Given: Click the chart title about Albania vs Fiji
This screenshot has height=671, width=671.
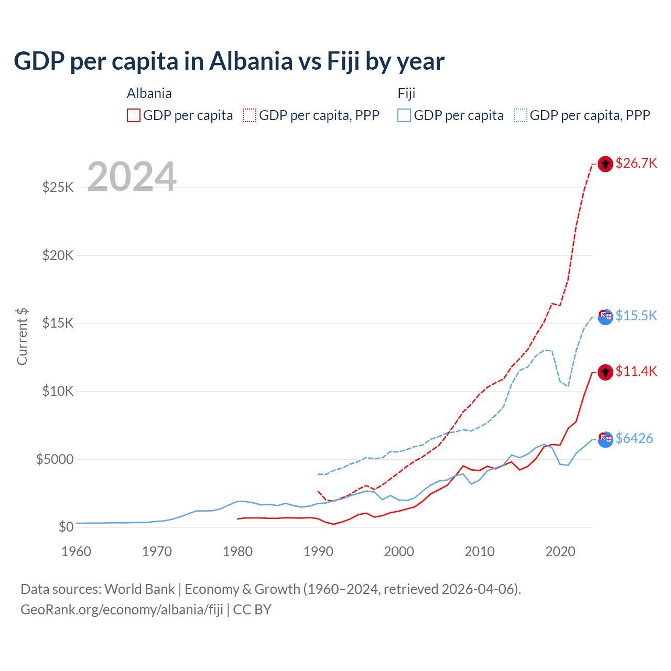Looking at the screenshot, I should click(229, 61).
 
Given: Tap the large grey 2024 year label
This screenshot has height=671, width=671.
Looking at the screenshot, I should click(132, 177).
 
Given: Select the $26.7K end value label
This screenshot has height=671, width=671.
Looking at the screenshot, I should click(636, 163).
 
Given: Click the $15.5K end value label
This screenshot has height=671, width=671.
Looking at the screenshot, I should click(636, 316).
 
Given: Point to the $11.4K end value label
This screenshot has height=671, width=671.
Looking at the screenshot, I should click(636, 371).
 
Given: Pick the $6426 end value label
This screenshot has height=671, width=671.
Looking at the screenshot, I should click(634, 438).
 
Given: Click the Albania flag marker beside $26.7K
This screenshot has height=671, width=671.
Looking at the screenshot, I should click(605, 164).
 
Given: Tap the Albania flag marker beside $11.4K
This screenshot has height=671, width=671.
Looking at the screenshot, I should click(605, 372).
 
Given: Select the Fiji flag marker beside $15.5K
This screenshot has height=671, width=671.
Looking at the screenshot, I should click(605, 317).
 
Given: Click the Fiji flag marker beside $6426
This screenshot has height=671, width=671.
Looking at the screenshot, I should click(605, 439).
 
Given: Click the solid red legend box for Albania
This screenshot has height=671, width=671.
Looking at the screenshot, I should click(134, 115).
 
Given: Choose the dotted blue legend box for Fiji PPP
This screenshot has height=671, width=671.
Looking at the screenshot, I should click(521, 115).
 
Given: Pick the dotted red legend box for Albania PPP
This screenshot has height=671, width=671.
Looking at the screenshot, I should click(250, 115).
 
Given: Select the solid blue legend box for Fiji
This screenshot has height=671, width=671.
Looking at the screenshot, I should click(404, 115).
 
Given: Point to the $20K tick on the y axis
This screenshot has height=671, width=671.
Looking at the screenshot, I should click(58, 255).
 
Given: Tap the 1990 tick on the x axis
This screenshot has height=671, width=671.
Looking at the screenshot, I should click(318, 551).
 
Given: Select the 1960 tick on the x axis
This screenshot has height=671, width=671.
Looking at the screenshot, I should click(77, 551).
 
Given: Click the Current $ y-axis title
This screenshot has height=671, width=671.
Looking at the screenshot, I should click(22, 336).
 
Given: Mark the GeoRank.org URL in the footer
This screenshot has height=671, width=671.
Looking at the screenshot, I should click(122, 610).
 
